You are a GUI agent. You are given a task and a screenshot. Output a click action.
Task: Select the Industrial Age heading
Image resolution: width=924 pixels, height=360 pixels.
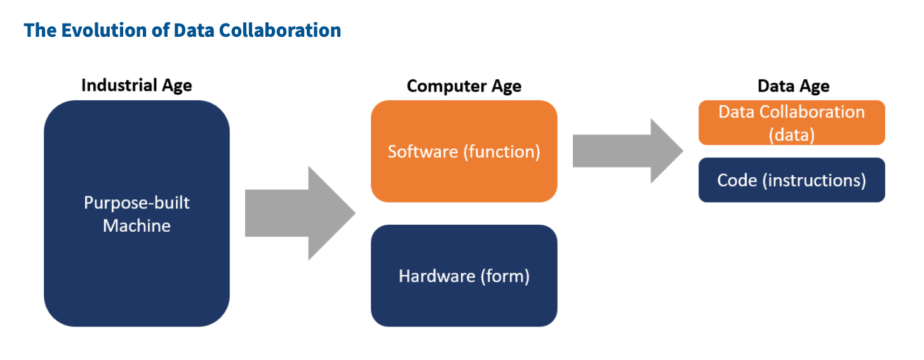tap(137, 86)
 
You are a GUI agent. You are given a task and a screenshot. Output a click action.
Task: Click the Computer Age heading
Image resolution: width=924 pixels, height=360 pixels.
tap(464, 86)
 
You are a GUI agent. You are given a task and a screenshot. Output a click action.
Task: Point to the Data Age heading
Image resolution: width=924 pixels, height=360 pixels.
tap(793, 86)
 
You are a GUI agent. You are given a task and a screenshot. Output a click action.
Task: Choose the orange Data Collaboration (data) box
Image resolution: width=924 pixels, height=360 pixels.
tap(791, 123)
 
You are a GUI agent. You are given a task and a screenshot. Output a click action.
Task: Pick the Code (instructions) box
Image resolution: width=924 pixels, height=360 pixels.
tap(791, 180)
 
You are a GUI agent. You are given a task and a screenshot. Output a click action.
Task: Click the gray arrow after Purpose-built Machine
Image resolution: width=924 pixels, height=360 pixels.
tap(298, 213)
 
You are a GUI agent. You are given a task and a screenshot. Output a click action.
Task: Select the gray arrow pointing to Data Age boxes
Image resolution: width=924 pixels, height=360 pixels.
tap(626, 150)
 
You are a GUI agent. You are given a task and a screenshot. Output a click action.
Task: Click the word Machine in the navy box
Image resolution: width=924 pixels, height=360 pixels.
tap(137, 225)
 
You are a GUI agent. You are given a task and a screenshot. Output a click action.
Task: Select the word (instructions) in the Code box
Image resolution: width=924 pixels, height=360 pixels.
tap(815, 180)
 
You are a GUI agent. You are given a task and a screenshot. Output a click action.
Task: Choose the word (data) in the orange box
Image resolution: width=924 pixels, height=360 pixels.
tap(791, 135)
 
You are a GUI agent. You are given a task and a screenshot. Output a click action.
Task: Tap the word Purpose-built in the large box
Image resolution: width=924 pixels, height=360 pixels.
tap(137, 203)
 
